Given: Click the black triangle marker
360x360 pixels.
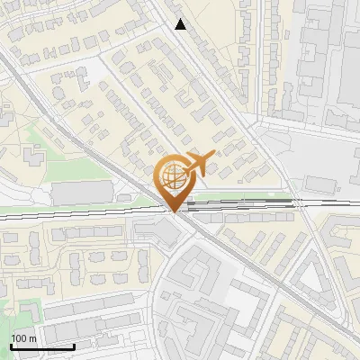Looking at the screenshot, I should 181,24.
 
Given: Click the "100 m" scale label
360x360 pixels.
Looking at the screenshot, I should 23,338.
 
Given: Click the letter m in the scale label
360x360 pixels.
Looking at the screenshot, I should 32,338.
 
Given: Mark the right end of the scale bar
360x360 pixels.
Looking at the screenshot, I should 74,346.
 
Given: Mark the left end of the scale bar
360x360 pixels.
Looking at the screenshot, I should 11,346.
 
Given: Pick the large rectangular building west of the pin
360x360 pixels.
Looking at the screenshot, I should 82,192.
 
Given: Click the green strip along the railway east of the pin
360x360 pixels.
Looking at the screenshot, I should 243,196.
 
